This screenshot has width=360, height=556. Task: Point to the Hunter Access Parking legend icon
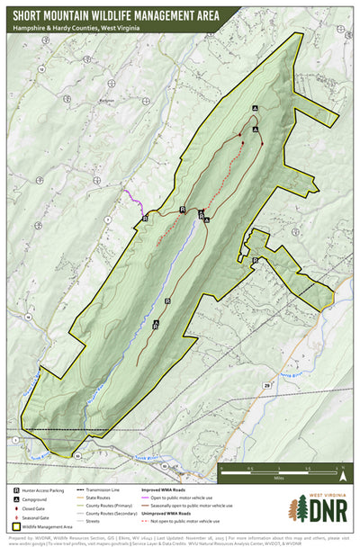click(17, 489)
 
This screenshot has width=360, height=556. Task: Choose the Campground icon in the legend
click(17, 498)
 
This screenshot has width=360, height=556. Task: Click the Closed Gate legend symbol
click(17, 506)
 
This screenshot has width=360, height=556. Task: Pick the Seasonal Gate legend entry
click(17, 514)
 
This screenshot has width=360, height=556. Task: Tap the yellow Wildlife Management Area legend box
click(17, 522)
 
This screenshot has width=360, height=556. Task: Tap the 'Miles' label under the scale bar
click(280, 479)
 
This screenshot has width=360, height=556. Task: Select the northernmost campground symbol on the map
click(255, 108)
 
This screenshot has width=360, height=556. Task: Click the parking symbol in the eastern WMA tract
click(255, 261)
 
